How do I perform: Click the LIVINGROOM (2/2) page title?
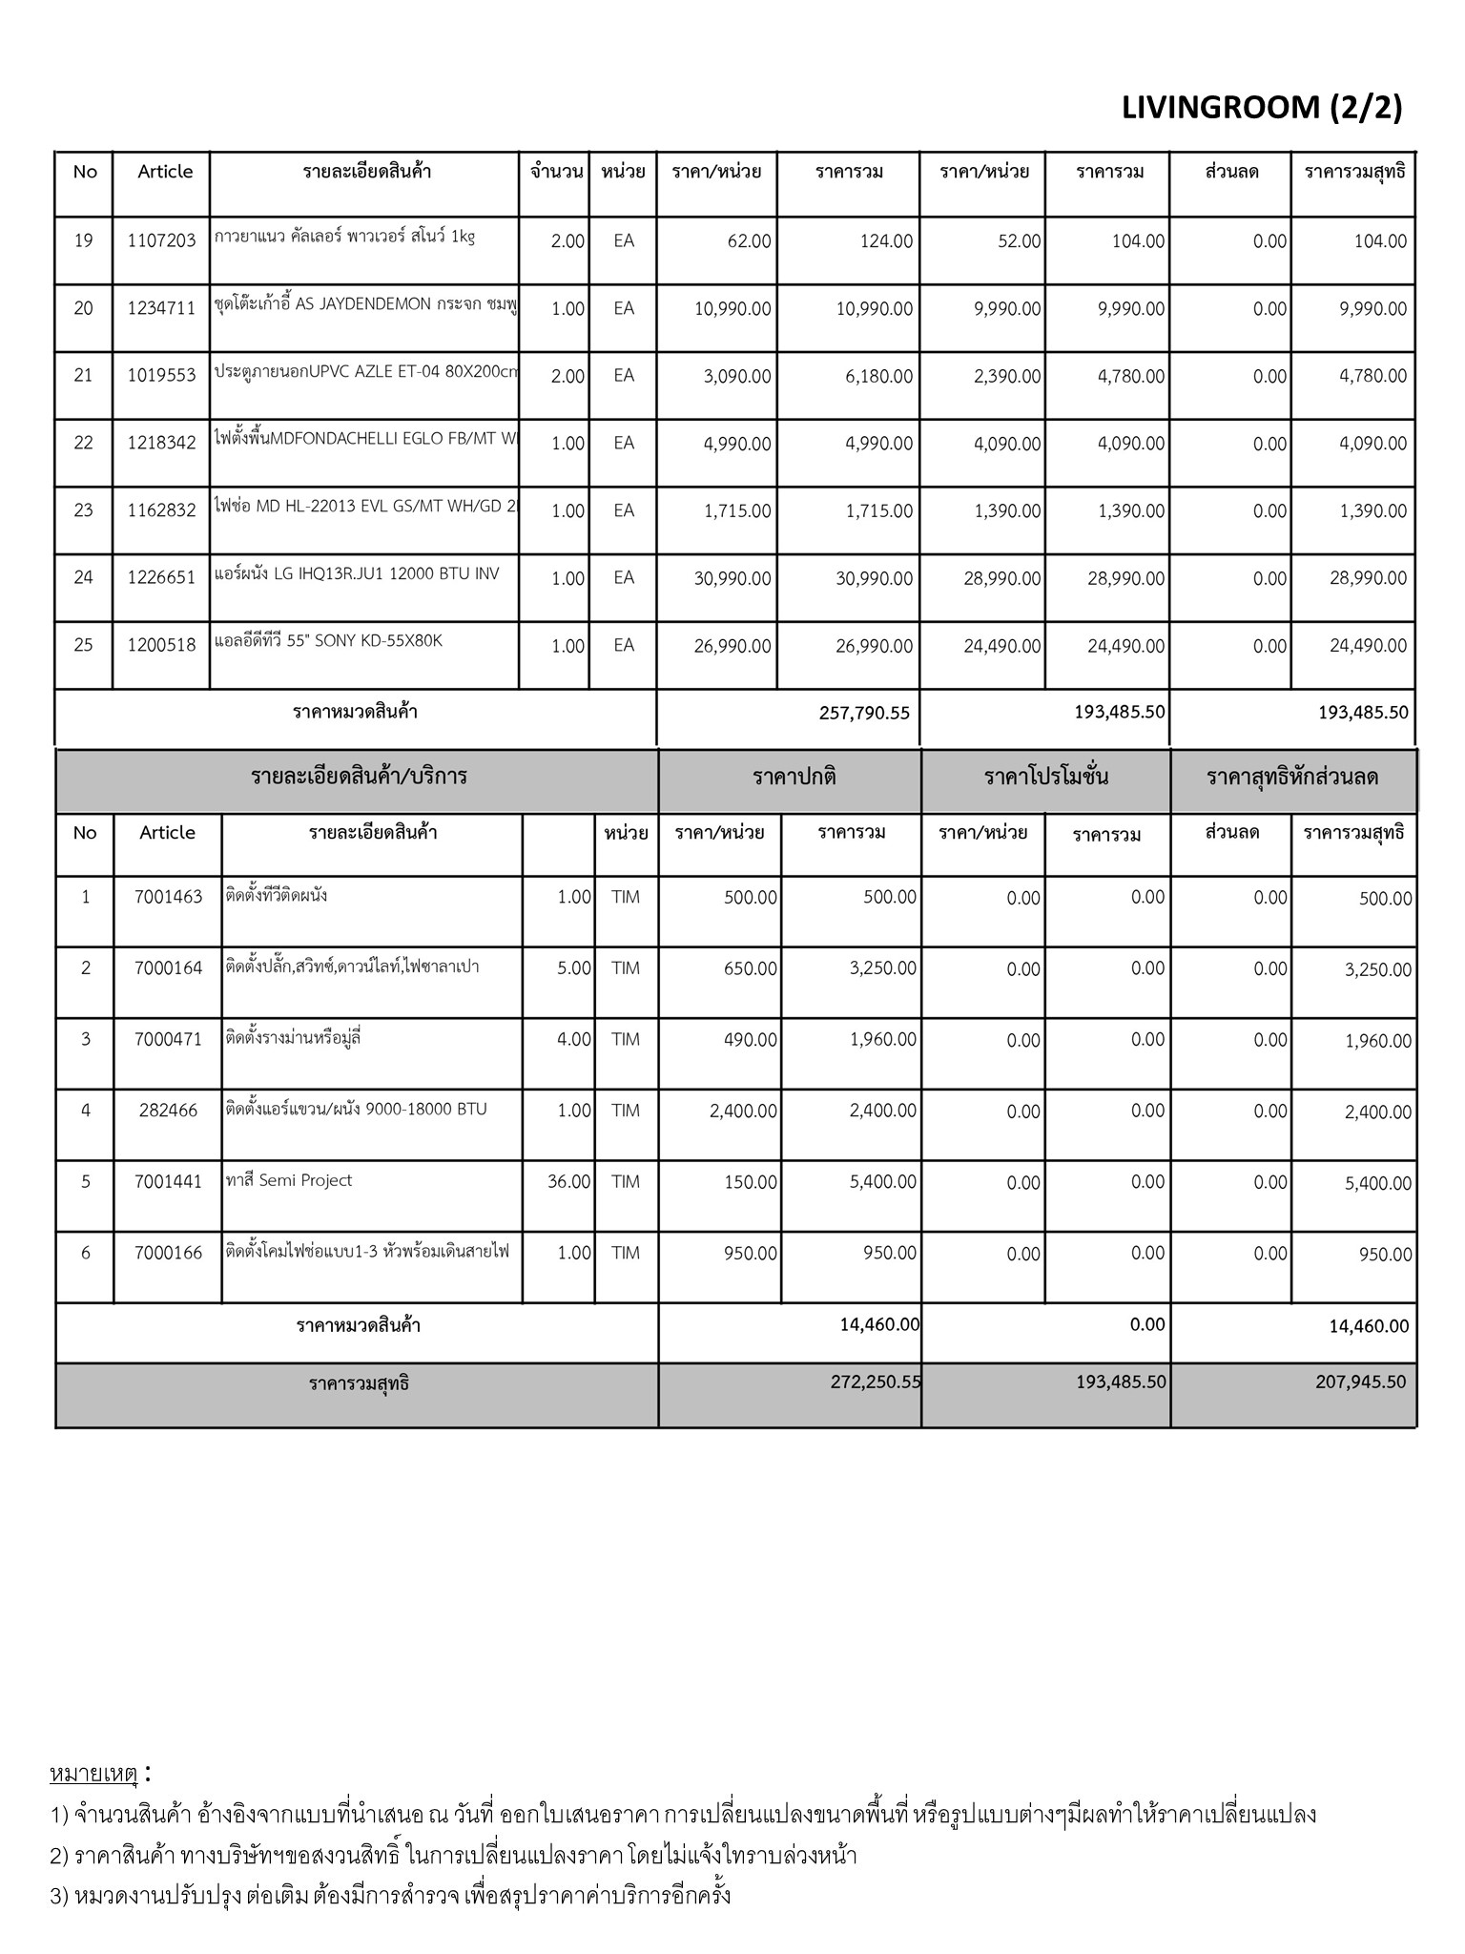pos(1262,108)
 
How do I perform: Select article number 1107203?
pos(161,241)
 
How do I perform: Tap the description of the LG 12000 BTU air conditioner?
pos(357,574)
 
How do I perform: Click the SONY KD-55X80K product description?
pos(328,641)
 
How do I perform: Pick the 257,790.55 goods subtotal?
pos(864,713)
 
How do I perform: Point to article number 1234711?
pos(161,308)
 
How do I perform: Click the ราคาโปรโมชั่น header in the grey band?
pos(1046,777)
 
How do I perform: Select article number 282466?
pos(168,1111)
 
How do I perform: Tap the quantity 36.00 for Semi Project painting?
pos(569,1182)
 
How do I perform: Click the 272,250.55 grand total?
pos(876,1382)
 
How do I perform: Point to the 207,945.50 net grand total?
pos(1361,1382)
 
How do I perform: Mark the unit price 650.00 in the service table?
pos(751,968)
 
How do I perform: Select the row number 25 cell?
pos(84,645)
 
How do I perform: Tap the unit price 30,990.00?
pos(732,578)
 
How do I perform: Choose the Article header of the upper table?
pos(165,172)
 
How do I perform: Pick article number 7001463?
pos(168,897)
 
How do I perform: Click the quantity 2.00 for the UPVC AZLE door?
pos(567,376)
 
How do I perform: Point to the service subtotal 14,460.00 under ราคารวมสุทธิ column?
pos(1369,1326)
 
